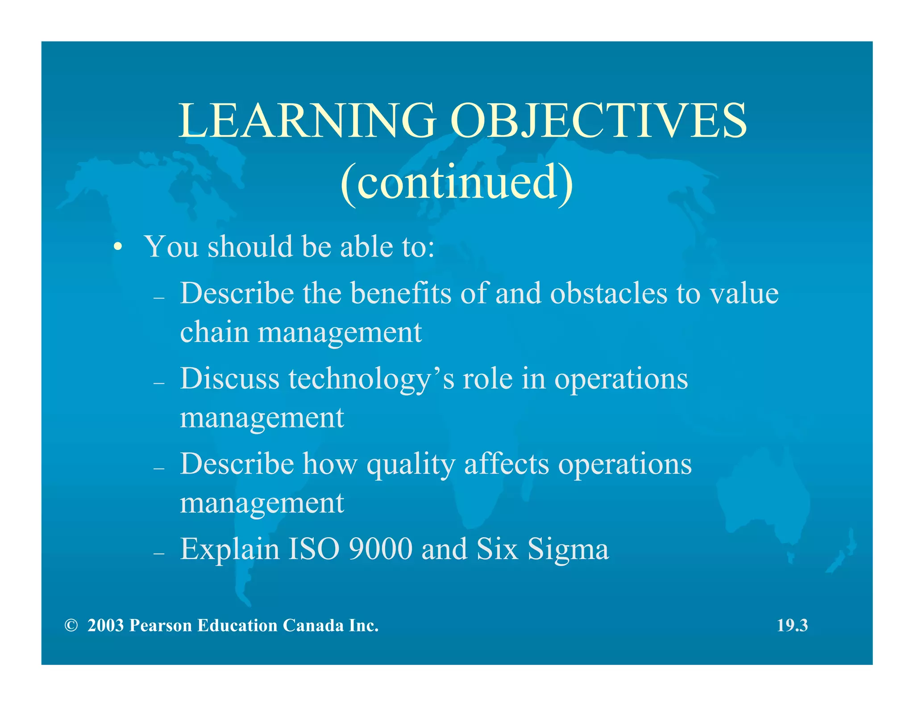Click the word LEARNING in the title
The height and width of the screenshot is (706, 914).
[307, 120]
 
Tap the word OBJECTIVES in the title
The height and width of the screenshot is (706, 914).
[598, 120]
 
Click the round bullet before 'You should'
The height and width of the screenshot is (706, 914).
[117, 247]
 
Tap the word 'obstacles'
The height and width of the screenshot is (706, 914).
[608, 293]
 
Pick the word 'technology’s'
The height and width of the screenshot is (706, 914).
[371, 379]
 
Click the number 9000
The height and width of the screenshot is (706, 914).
[380, 549]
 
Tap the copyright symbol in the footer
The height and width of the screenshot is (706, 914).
[71, 626]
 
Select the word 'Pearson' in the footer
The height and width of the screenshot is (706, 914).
[161, 626]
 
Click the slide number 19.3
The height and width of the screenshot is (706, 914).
[792, 626]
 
